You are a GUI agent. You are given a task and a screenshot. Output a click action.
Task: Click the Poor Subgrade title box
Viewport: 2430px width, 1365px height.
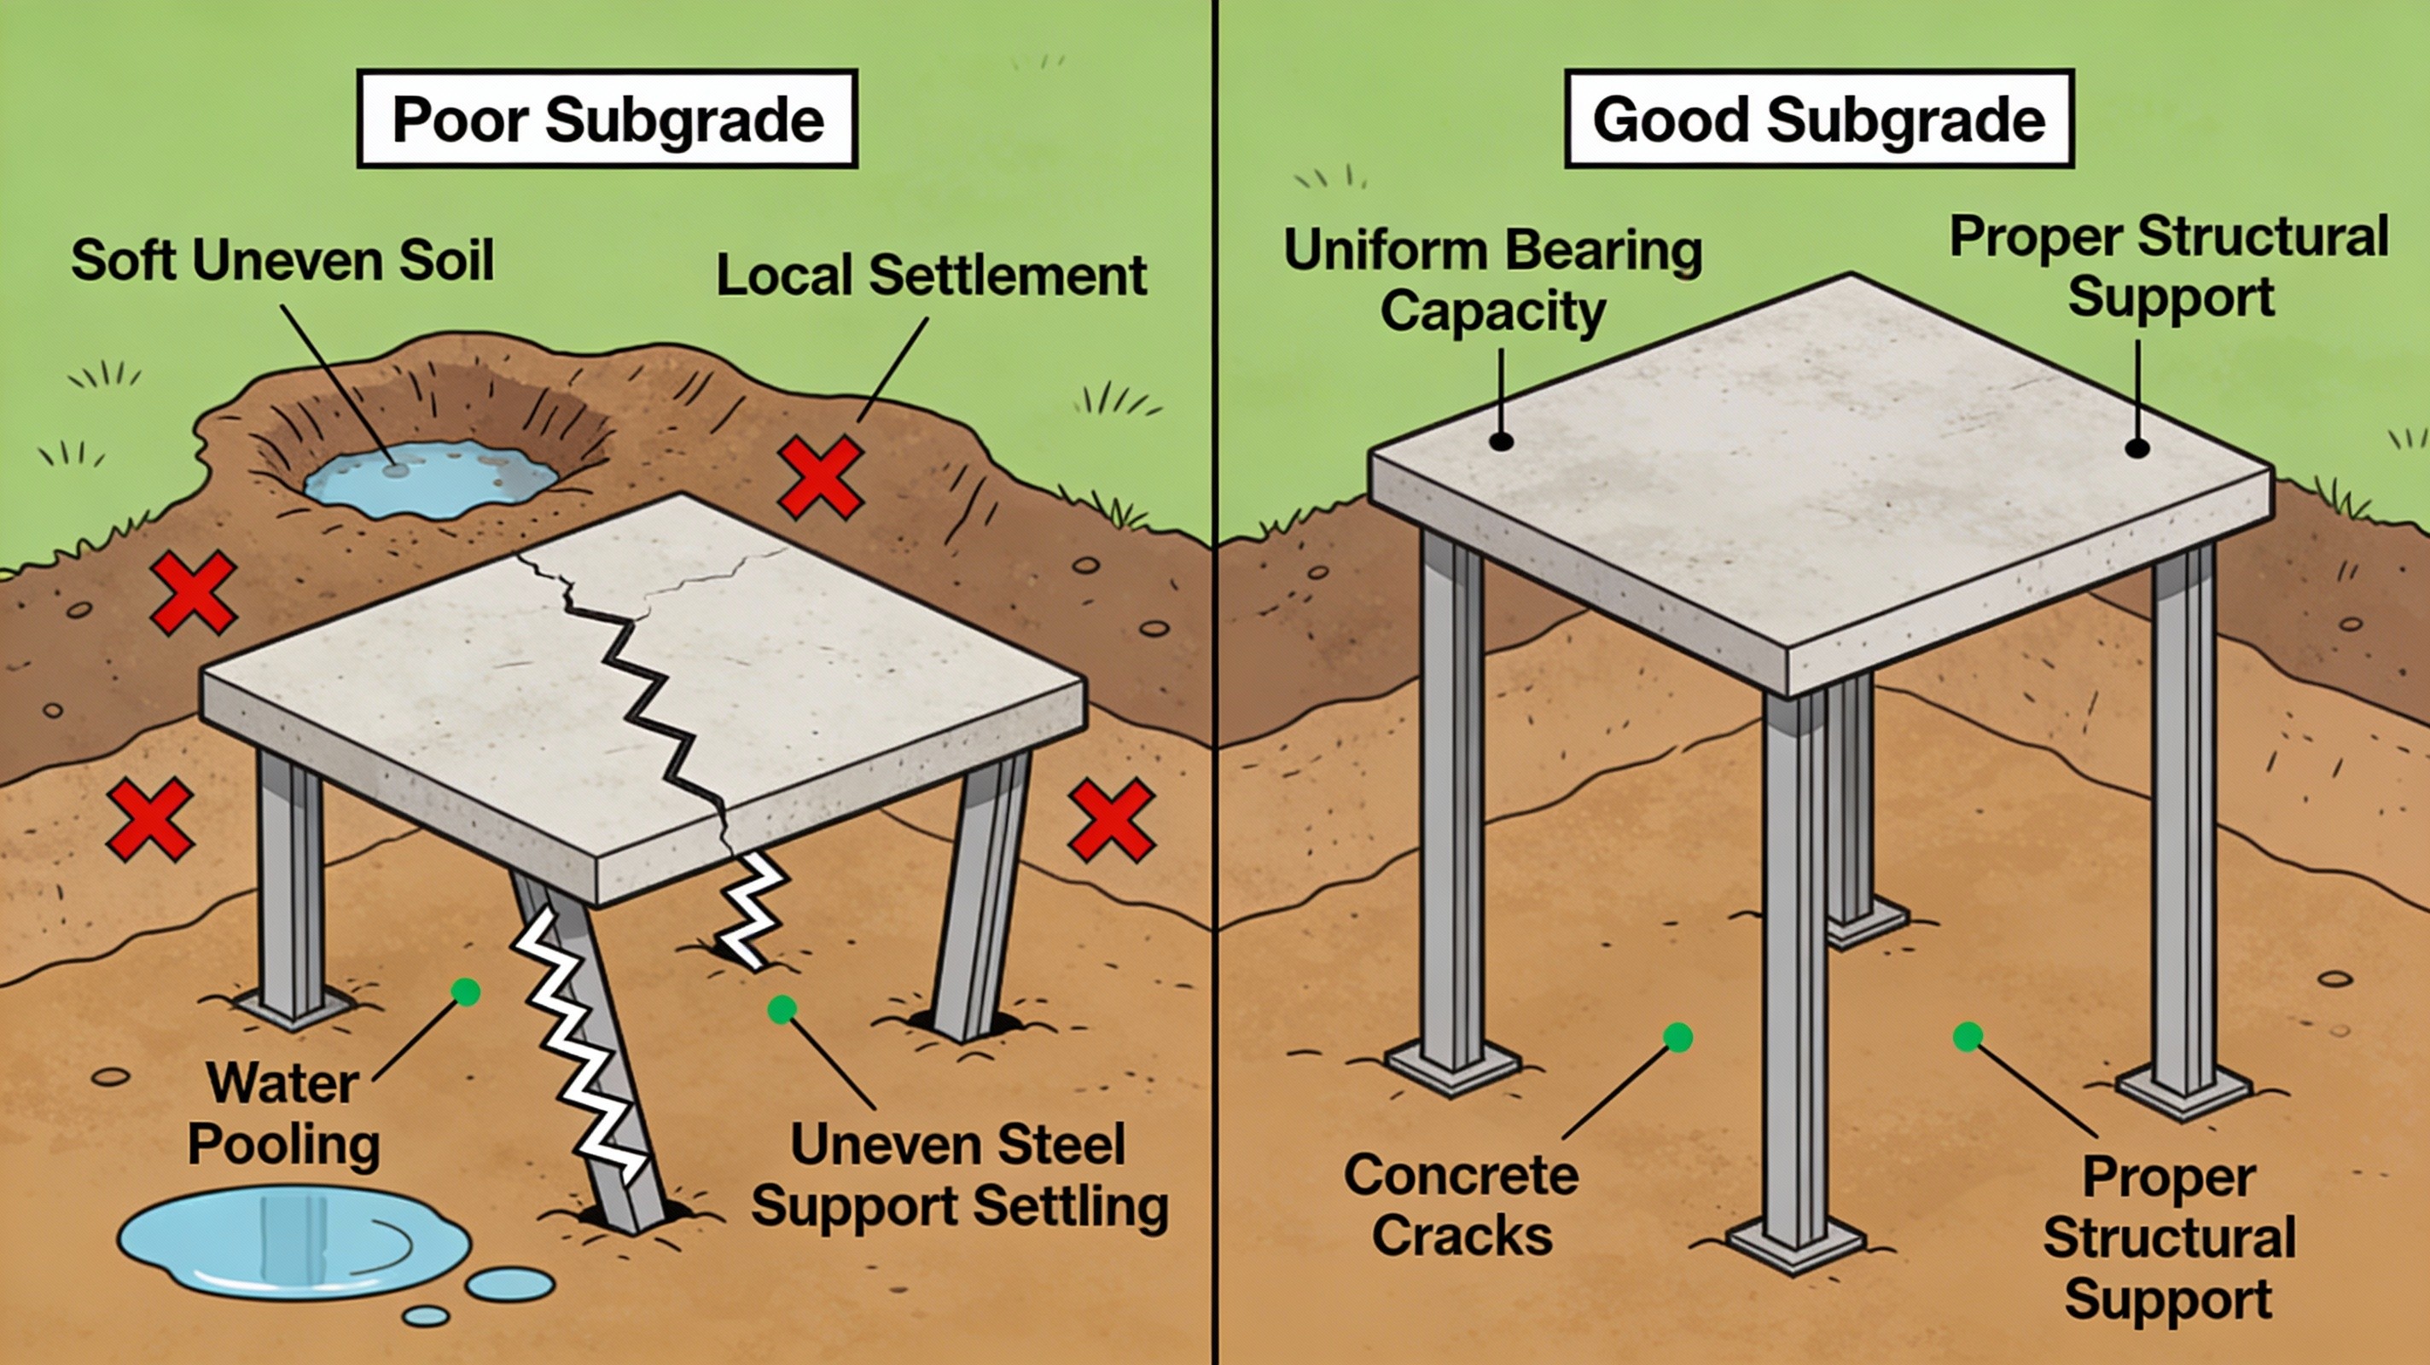pos(607,119)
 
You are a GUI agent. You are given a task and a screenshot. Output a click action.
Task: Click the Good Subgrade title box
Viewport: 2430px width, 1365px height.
pos(1819,119)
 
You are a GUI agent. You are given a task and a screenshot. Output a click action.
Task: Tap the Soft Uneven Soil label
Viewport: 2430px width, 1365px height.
pos(282,259)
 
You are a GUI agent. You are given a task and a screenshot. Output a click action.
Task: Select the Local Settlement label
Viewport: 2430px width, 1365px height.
pos(931,276)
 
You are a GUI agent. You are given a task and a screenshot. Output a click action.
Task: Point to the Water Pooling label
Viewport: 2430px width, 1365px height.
pos(283,1113)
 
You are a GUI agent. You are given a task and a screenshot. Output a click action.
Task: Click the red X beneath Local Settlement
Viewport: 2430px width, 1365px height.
pos(820,478)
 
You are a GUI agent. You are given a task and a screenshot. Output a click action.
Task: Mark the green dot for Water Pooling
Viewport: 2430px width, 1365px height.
pos(466,991)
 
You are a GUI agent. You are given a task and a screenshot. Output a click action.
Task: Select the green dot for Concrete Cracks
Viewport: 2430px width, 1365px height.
pos(1678,1037)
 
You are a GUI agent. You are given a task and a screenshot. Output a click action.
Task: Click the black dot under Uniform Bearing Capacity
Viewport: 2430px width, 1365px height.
pos(1501,440)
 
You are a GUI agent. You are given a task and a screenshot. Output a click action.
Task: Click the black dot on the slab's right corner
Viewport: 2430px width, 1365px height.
pos(2136,448)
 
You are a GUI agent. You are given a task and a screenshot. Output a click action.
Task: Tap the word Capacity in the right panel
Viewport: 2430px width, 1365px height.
pos(1493,311)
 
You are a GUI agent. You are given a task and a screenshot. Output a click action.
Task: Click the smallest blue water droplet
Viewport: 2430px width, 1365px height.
pos(427,1315)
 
